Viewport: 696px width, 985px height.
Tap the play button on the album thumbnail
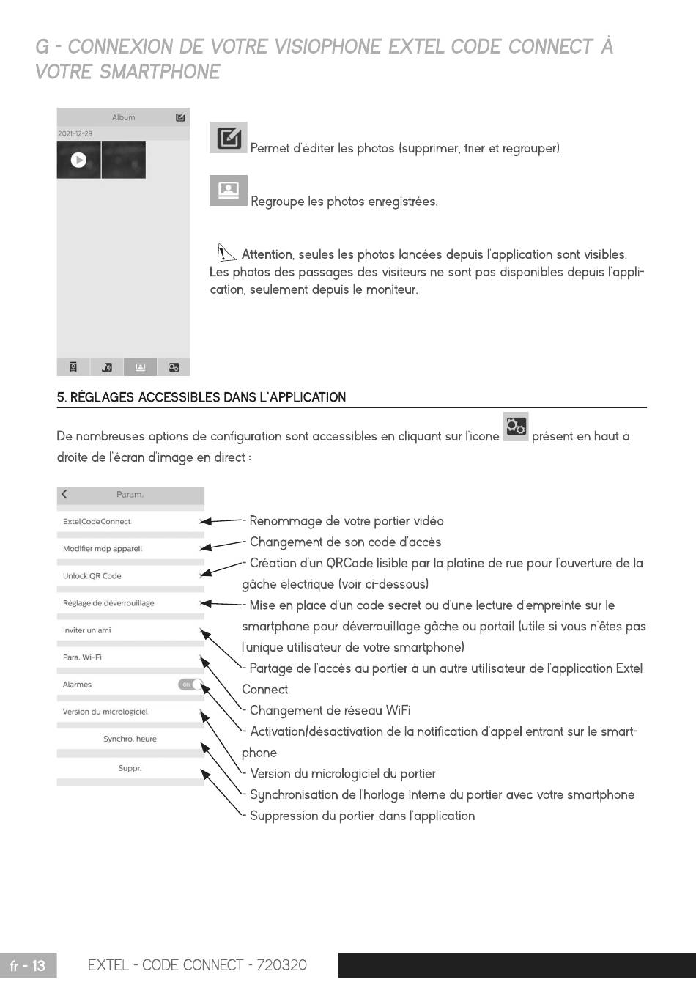click(x=78, y=160)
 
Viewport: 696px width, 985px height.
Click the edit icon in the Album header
click(x=180, y=117)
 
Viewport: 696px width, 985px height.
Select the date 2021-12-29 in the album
click(x=75, y=133)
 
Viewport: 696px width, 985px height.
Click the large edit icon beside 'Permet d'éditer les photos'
click(x=229, y=138)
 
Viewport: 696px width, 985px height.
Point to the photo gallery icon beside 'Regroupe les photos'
click(x=229, y=191)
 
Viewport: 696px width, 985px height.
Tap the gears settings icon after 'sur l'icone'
click(x=516, y=427)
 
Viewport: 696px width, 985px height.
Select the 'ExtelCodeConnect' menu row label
click(x=97, y=522)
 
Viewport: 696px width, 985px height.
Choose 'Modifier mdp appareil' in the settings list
click(x=103, y=549)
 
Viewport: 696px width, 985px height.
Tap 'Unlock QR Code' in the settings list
click(x=92, y=576)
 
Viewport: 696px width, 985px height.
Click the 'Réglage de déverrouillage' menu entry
click(x=108, y=603)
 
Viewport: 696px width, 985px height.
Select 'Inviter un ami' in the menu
click(x=87, y=630)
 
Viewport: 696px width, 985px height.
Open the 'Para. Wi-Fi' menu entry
click(x=82, y=657)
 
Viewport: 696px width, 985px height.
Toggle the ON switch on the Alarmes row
click(x=190, y=685)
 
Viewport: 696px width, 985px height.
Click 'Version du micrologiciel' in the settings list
click(x=105, y=712)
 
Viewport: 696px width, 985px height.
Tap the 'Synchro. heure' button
click(x=130, y=739)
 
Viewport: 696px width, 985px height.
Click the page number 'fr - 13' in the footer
click(x=28, y=965)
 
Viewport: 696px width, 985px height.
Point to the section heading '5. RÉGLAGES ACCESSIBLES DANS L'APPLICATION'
click(x=201, y=397)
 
